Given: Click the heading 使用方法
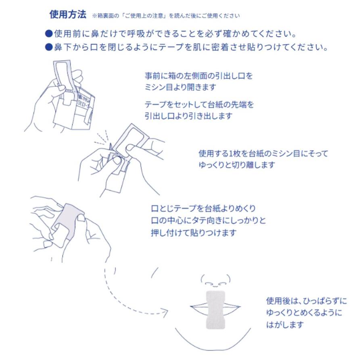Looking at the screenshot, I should (x=67, y=15).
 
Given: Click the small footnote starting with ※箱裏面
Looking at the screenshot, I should (x=166, y=16).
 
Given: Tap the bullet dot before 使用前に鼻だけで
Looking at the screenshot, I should (x=49, y=32).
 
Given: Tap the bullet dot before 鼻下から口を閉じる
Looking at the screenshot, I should (x=49, y=47).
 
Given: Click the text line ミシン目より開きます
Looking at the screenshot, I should (x=180, y=87).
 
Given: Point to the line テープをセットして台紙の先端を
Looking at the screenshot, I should (x=199, y=104).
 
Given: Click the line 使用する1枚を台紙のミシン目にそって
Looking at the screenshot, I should (x=263, y=154).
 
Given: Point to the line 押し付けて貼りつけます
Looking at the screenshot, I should (x=194, y=233).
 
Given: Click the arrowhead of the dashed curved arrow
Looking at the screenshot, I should (x=165, y=311).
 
